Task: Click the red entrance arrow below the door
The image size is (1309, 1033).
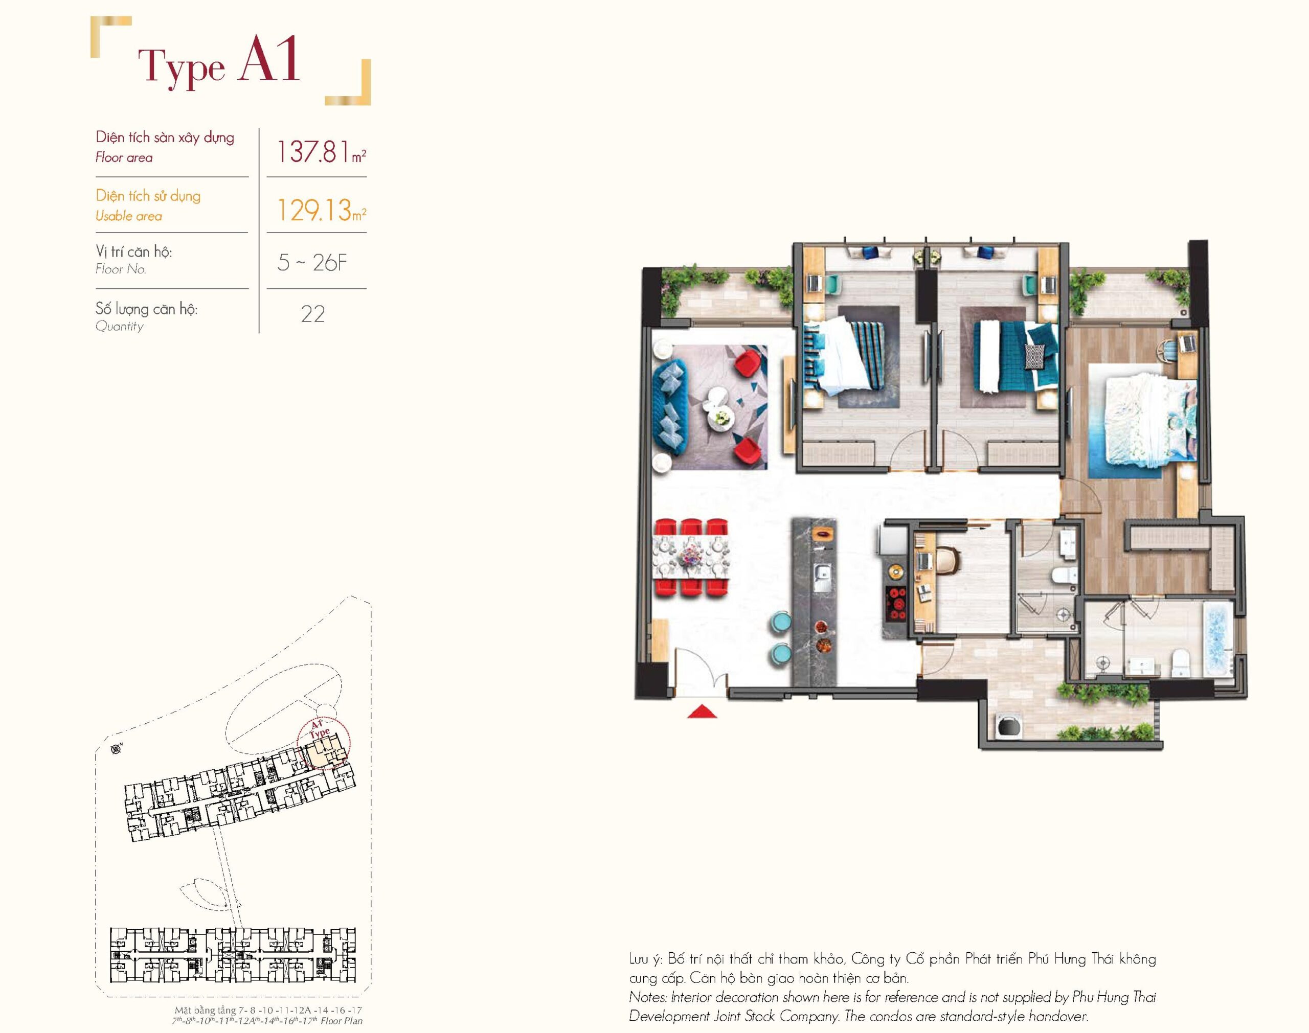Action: pos(702,711)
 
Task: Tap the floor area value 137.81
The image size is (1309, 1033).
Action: pos(313,152)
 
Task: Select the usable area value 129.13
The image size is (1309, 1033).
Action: pos(314,210)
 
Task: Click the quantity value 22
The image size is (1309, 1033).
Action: pos(313,314)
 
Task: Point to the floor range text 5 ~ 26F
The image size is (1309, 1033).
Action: pos(312,263)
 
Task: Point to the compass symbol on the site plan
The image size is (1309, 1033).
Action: pos(115,750)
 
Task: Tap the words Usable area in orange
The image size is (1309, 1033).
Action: pos(129,216)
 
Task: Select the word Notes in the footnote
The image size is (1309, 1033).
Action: pos(648,997)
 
